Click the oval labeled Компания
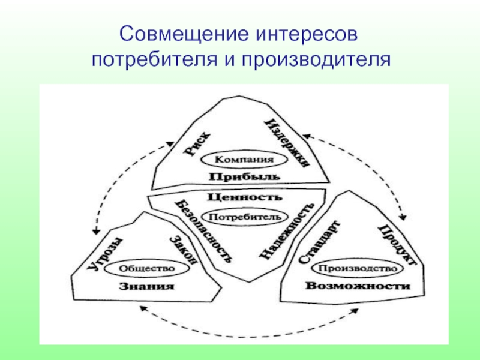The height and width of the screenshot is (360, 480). (x=244, y=160)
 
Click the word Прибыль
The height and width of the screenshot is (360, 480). (x=244, y=176)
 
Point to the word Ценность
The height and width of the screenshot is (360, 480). (x=244, y=196)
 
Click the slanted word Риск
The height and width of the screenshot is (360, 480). (x=197, y=144)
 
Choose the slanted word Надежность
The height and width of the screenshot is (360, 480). (x=288, y=232)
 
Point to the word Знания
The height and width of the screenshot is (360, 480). (x=146, y=287)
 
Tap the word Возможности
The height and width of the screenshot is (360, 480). (x=358, y=286)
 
